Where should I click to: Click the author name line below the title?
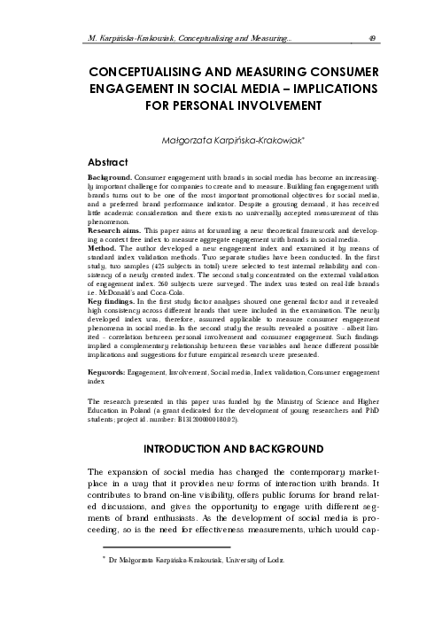(x=221, y=139)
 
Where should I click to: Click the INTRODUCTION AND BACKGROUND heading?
(x=221, y=451)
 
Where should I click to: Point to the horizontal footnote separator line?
(x=154, y=547)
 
